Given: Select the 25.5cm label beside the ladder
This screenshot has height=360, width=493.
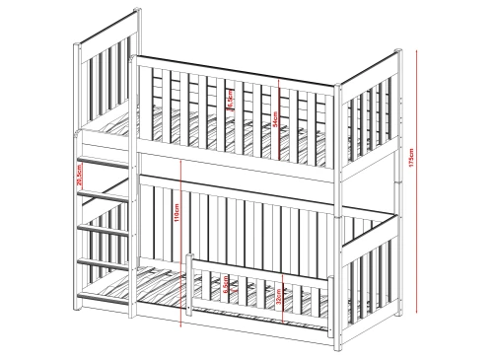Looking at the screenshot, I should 79,175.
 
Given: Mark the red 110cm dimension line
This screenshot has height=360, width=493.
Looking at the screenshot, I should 184,237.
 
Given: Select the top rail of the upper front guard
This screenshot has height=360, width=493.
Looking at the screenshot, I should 237,61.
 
